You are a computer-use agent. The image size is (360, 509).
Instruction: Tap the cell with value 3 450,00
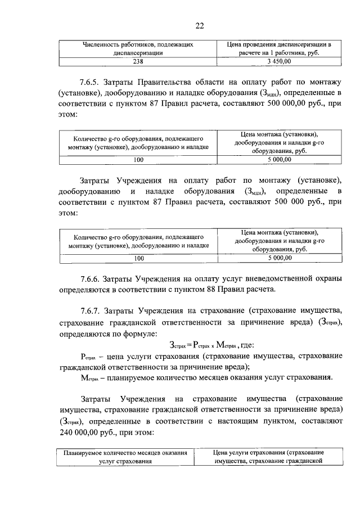tap(279, 61)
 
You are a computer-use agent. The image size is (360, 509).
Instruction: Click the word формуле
tap(133, 334)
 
